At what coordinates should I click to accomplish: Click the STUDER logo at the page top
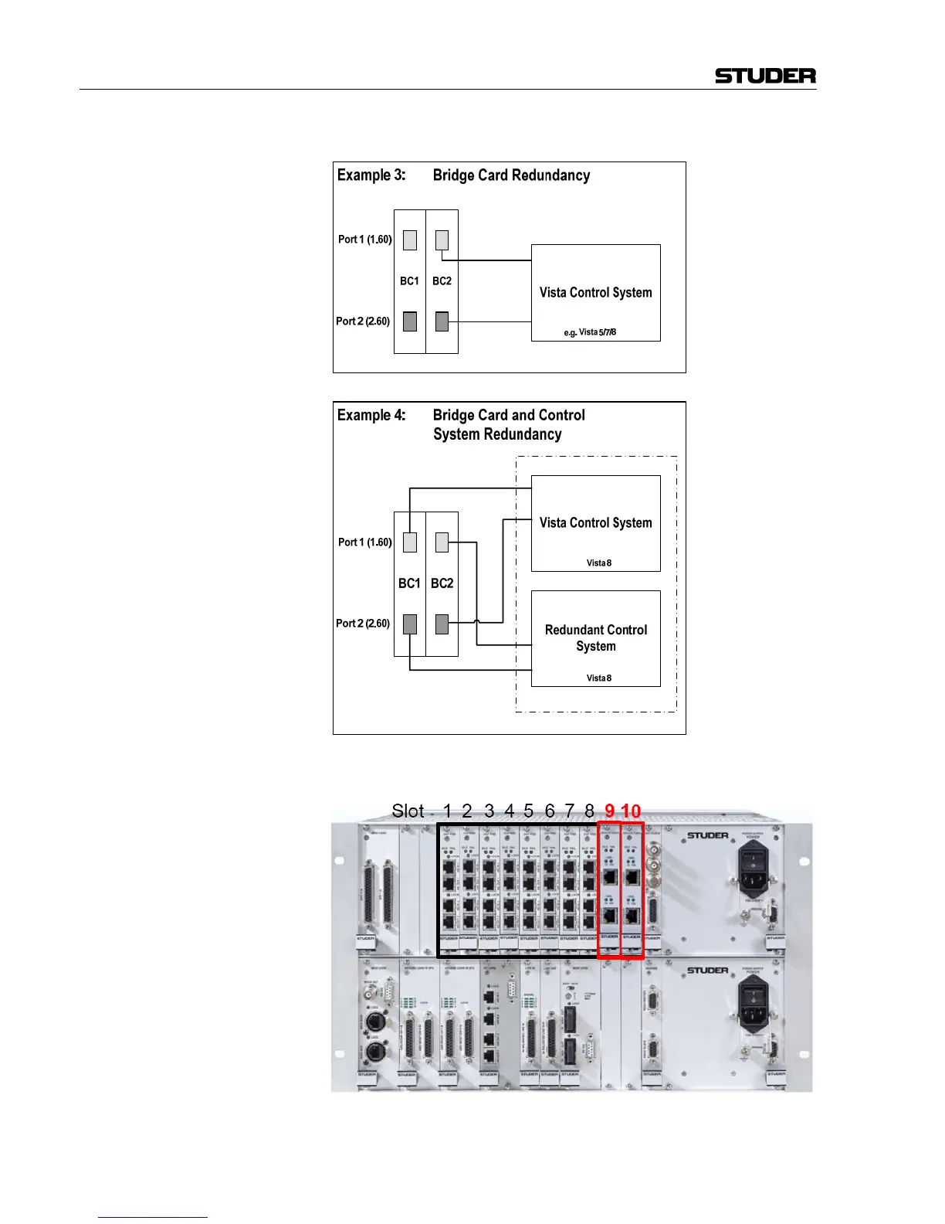[x=765, y=76]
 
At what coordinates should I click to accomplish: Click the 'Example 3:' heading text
[x=371, y=175]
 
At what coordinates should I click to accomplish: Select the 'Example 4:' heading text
[x=371, y=415]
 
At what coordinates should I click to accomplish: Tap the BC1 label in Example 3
[x=409, y=281]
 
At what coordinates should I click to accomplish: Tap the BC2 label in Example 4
[x=442, y=583]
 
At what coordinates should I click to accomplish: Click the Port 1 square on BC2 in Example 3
[x=442, y=240]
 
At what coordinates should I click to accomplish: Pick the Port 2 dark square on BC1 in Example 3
[x=410, y=321]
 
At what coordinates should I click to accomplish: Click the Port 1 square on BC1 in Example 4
[x=410, y=542]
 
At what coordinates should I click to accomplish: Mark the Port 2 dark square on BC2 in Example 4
[x=442, y=624]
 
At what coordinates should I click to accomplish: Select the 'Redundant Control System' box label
[x=596, y=638]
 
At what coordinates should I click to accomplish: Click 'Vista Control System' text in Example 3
[x=595, y=293]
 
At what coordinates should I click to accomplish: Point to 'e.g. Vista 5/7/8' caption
[x=590, y=332]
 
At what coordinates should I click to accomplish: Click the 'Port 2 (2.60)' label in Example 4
[x=363, y=624]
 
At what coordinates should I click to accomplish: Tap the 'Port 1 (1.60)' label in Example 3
[x=364, y=240]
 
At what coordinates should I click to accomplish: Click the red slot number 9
[x=610, y=811]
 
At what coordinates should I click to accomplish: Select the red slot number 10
[x=631, y=811]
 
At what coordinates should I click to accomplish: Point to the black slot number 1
[x=447, y=811]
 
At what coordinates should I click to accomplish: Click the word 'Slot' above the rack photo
[x=408, y=811]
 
